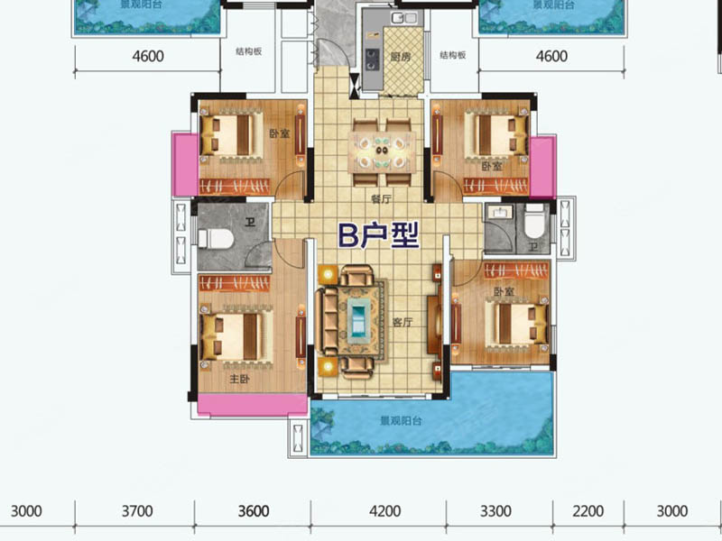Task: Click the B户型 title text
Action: coord(378,235)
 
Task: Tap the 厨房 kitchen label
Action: coord(400,57)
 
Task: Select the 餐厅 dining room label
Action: coord(381,198)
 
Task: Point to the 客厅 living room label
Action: coord(403,322)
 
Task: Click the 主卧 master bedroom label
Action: coord(239,379)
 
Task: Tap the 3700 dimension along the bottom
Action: coord(137,511)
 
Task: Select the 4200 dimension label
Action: coord(385,511)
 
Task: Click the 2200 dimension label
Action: coord(588,511)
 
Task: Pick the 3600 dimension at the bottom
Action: coord(254,511)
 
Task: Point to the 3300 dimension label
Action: coord(495,511)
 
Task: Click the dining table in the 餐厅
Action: coord(382,151)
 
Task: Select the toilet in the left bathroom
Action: coord(216,239)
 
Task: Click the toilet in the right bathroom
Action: coord(535,223)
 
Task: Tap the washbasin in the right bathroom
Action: coord(498,213)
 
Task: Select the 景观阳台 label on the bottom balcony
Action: coord(401,420)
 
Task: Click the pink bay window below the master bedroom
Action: coord(253,405)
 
